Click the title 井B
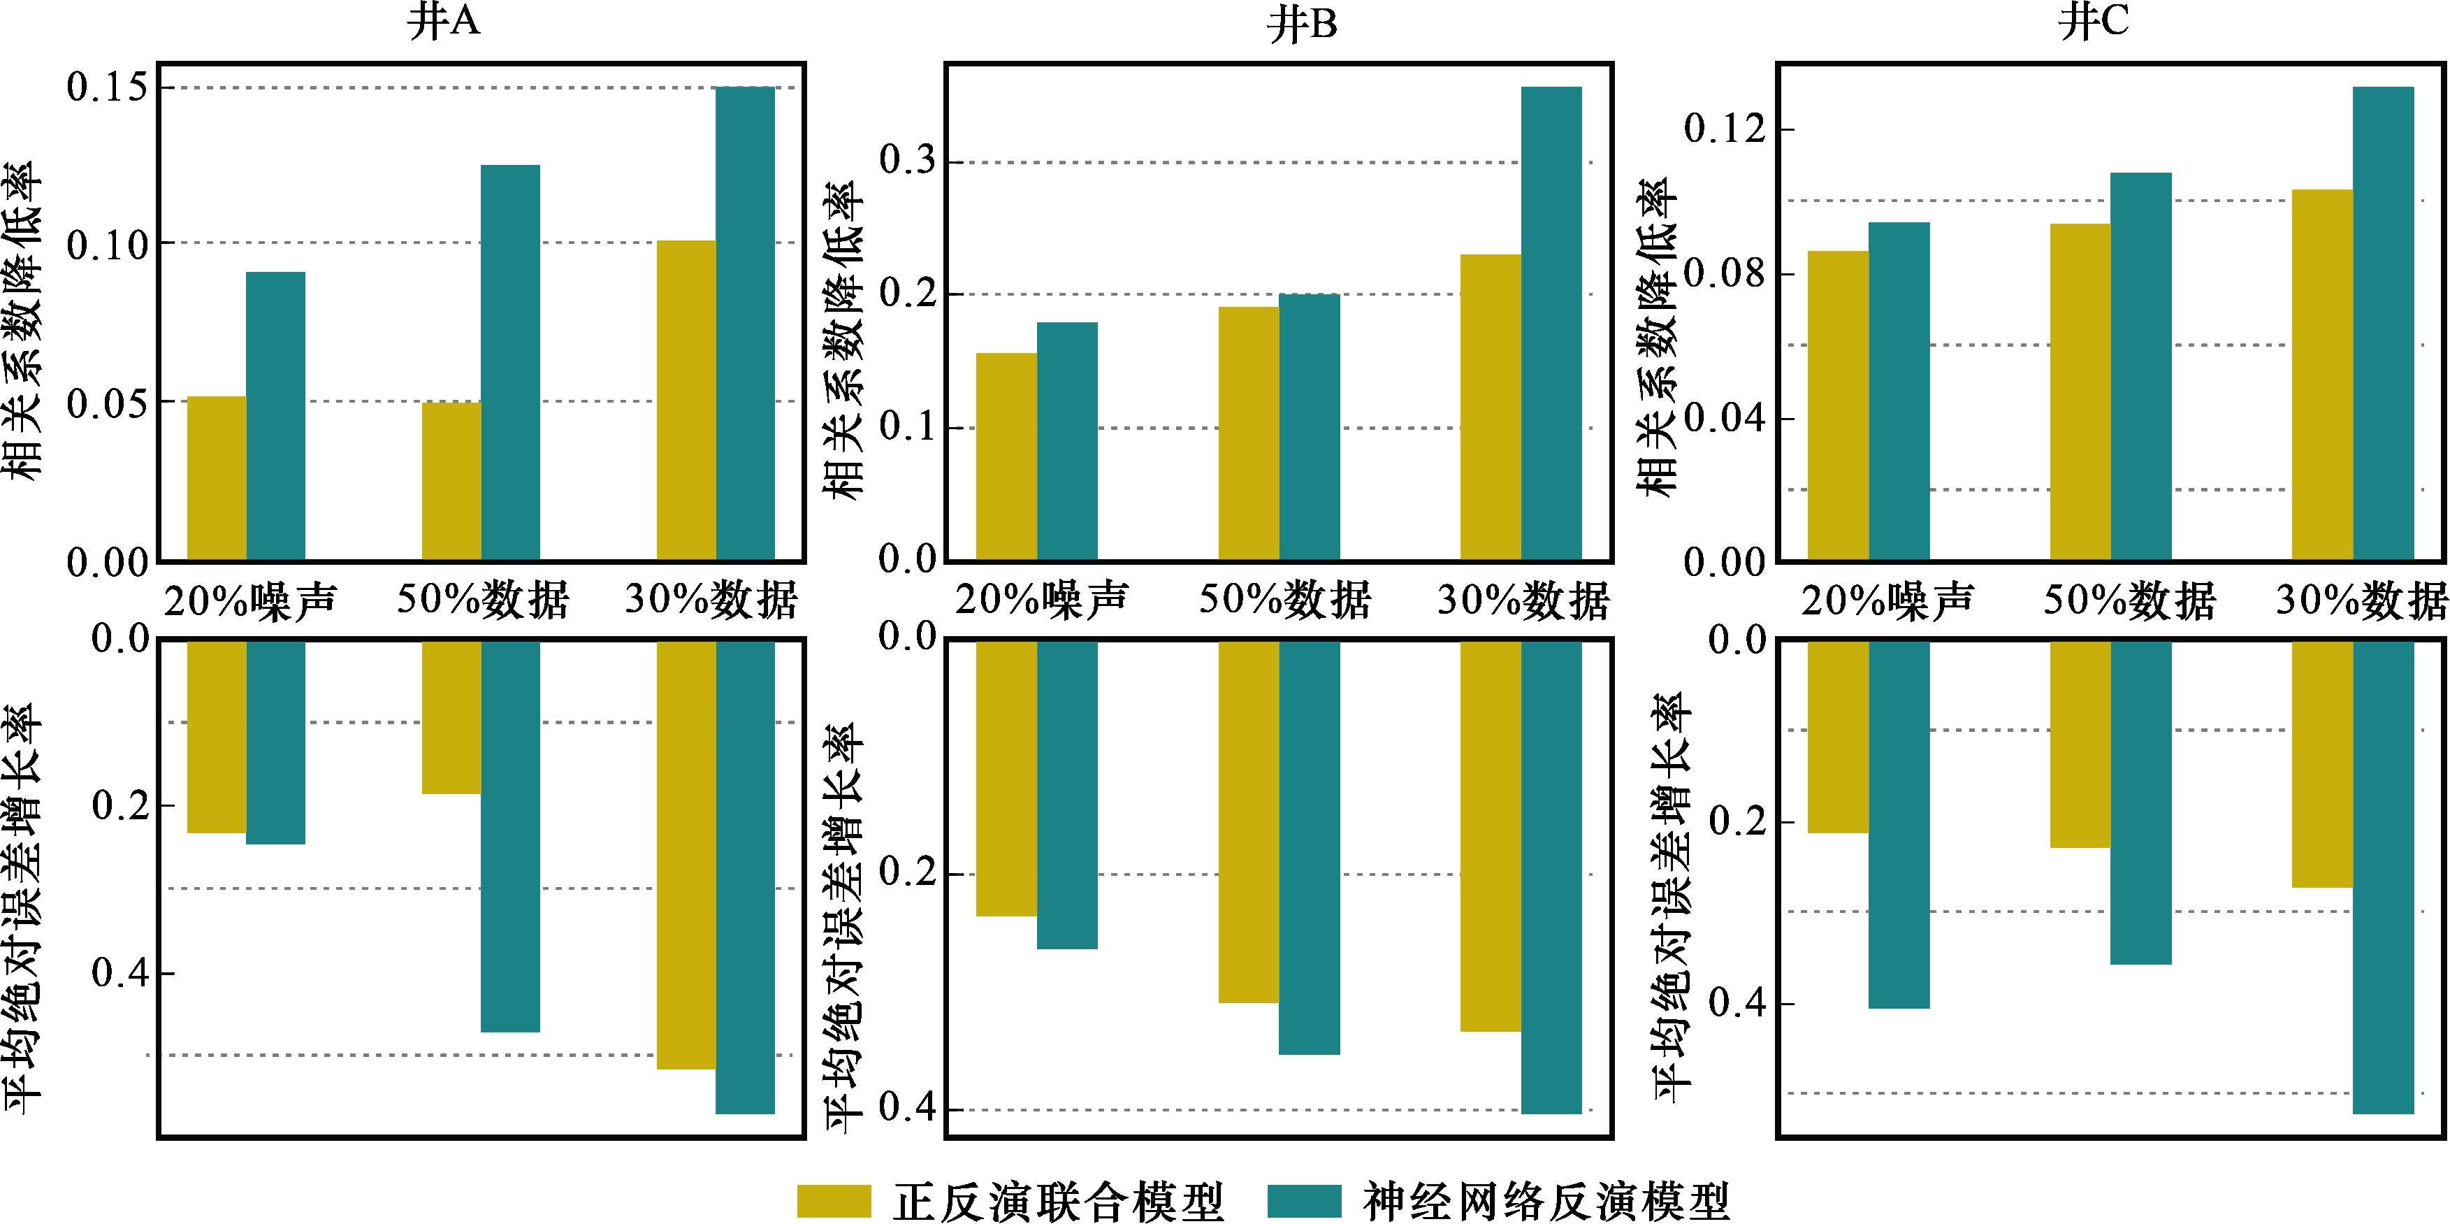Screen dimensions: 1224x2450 (x=1302, y=24)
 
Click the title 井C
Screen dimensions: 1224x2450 (x=2094, y=22)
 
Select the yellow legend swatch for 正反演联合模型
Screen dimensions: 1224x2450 (x=833, y=1201)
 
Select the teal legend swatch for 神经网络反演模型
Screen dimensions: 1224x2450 (x=1304, y=1201)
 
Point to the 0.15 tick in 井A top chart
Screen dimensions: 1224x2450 (x=108, y=87)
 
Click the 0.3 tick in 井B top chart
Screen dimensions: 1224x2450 (x=906, y=161)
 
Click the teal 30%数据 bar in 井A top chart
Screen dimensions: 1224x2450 (x=745, y=324)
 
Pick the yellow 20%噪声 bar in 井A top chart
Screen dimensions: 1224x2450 (x=217, y=478)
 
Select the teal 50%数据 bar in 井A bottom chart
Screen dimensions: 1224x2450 (x=510, y=836)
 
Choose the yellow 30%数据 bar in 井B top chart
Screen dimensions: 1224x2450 (x=1491, y=407)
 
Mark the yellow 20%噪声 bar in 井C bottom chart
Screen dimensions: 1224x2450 (x=1838, y=737)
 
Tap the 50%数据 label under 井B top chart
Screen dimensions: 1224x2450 (x=1284, y=600)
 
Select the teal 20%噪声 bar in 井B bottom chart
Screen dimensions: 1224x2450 (x=1066, y=794)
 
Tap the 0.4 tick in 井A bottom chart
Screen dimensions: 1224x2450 (x=119, y=973)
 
